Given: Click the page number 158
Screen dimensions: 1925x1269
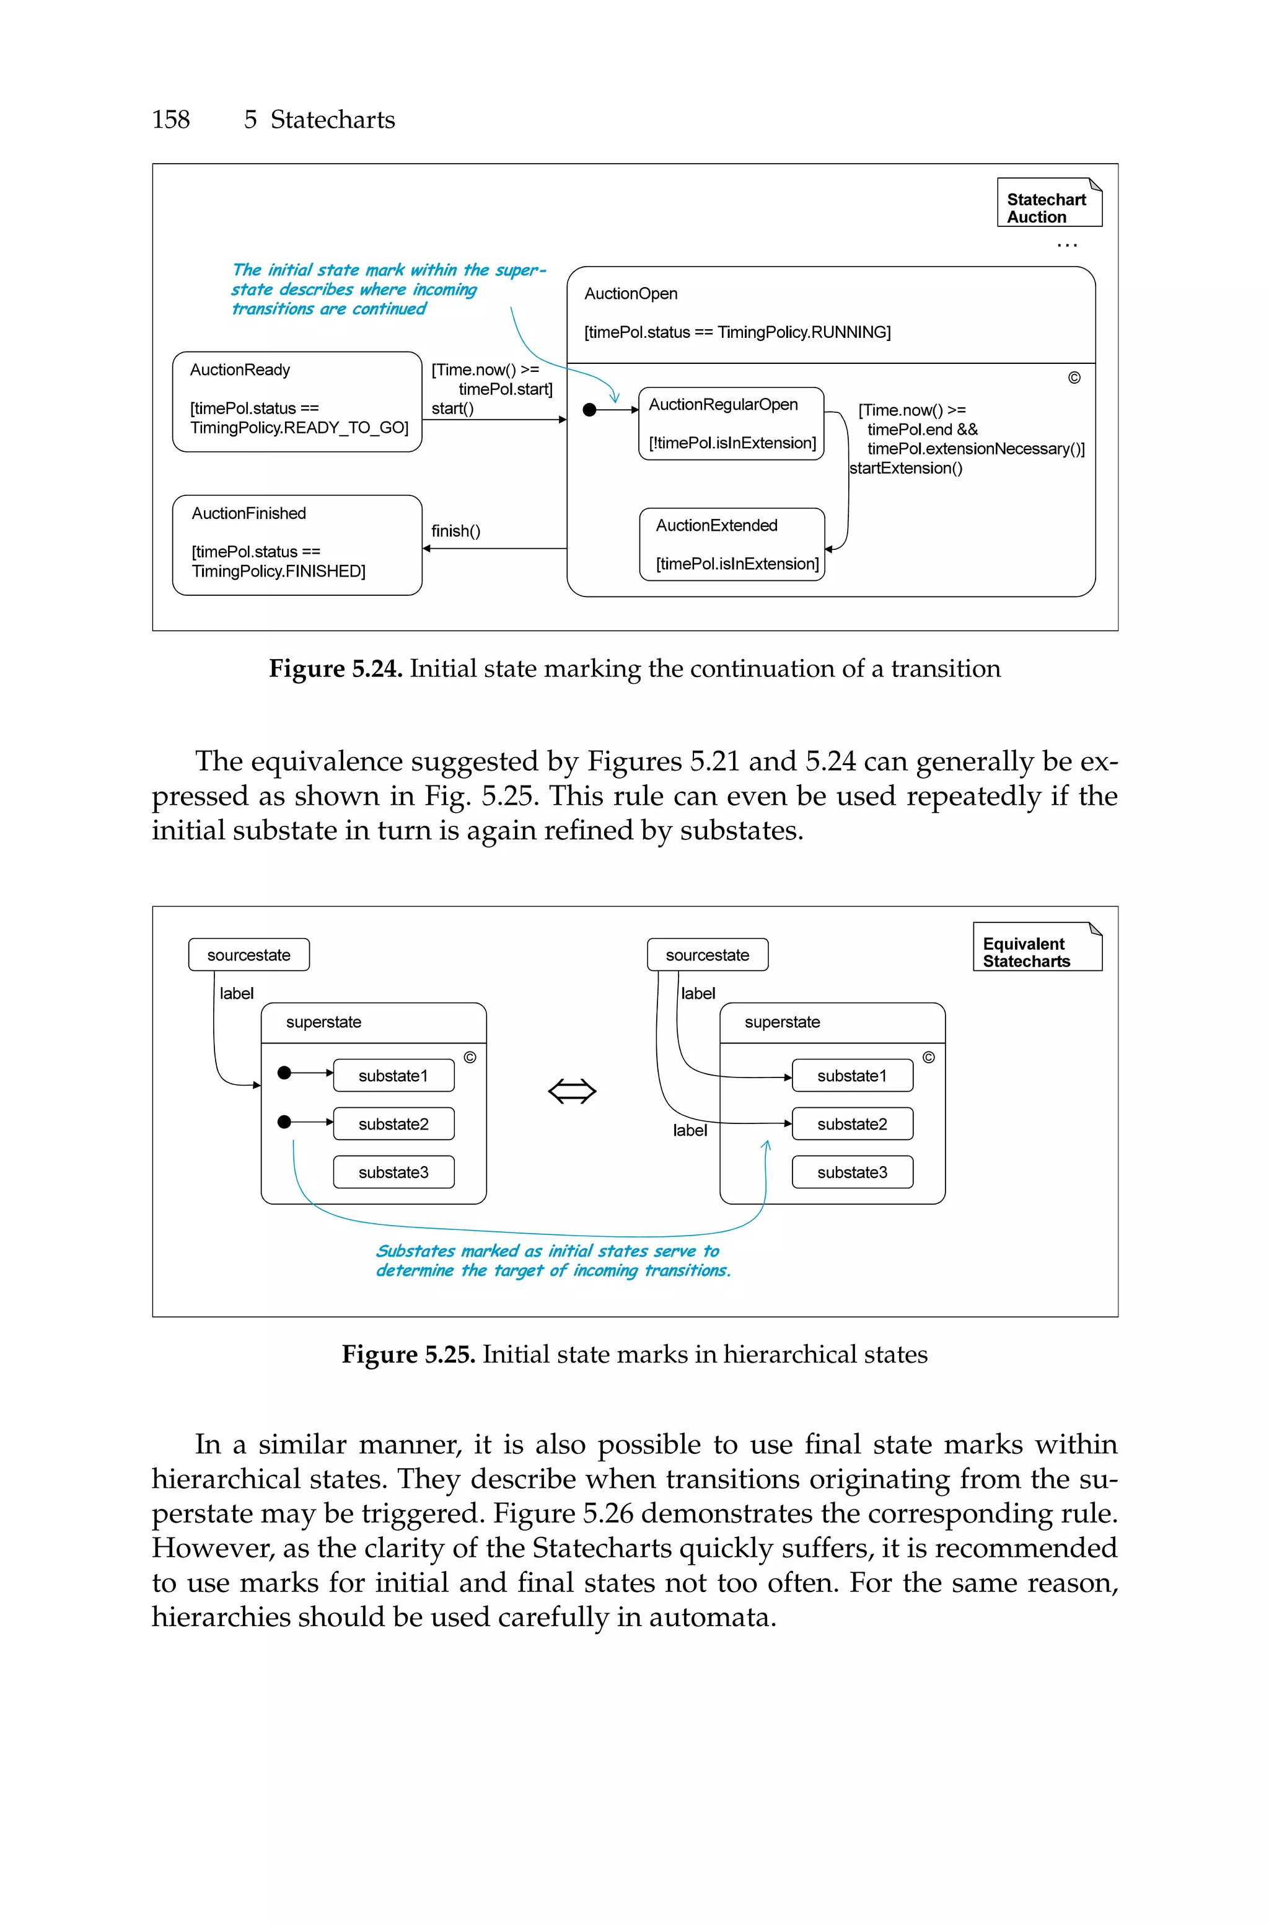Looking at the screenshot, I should click(x=171, y=120).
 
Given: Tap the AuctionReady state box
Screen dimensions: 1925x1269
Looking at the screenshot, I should click(x=297, y=402).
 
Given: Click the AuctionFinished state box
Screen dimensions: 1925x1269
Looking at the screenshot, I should click(x=297, y=545).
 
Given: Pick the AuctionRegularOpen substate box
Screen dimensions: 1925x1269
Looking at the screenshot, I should click(x=731, y=423).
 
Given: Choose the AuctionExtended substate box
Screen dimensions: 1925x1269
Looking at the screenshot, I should click(x=732, y=544).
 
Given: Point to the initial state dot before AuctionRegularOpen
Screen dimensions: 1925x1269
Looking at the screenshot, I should click(x=590, y=410).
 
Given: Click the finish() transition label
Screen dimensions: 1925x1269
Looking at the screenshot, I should click(x=455, y=531).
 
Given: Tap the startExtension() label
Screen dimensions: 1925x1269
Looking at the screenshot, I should click(x=906, y=468).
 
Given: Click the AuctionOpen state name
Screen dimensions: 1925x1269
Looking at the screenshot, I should click(x=631, y=294).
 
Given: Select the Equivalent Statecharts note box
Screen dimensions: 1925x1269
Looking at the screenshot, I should click(x=1037, y=947).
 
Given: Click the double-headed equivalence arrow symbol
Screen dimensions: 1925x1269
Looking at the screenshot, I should click(x=572, y=1091).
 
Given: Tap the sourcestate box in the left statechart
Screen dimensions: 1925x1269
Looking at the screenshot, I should click(x=248, y=955).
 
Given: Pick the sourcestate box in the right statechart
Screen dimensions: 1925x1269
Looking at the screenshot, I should click(x=708, y=955).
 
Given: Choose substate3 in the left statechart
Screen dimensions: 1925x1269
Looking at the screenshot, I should click(x=393, y=1172).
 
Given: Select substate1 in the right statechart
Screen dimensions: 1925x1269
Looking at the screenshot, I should click(x=852, y=1076).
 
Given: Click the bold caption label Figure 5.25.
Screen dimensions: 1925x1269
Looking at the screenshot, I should click(x=408, y=1354).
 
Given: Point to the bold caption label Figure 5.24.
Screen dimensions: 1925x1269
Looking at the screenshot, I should click(x=335, y=669).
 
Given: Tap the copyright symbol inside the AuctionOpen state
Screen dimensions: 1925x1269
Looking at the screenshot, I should click(x=1074, y=378).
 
